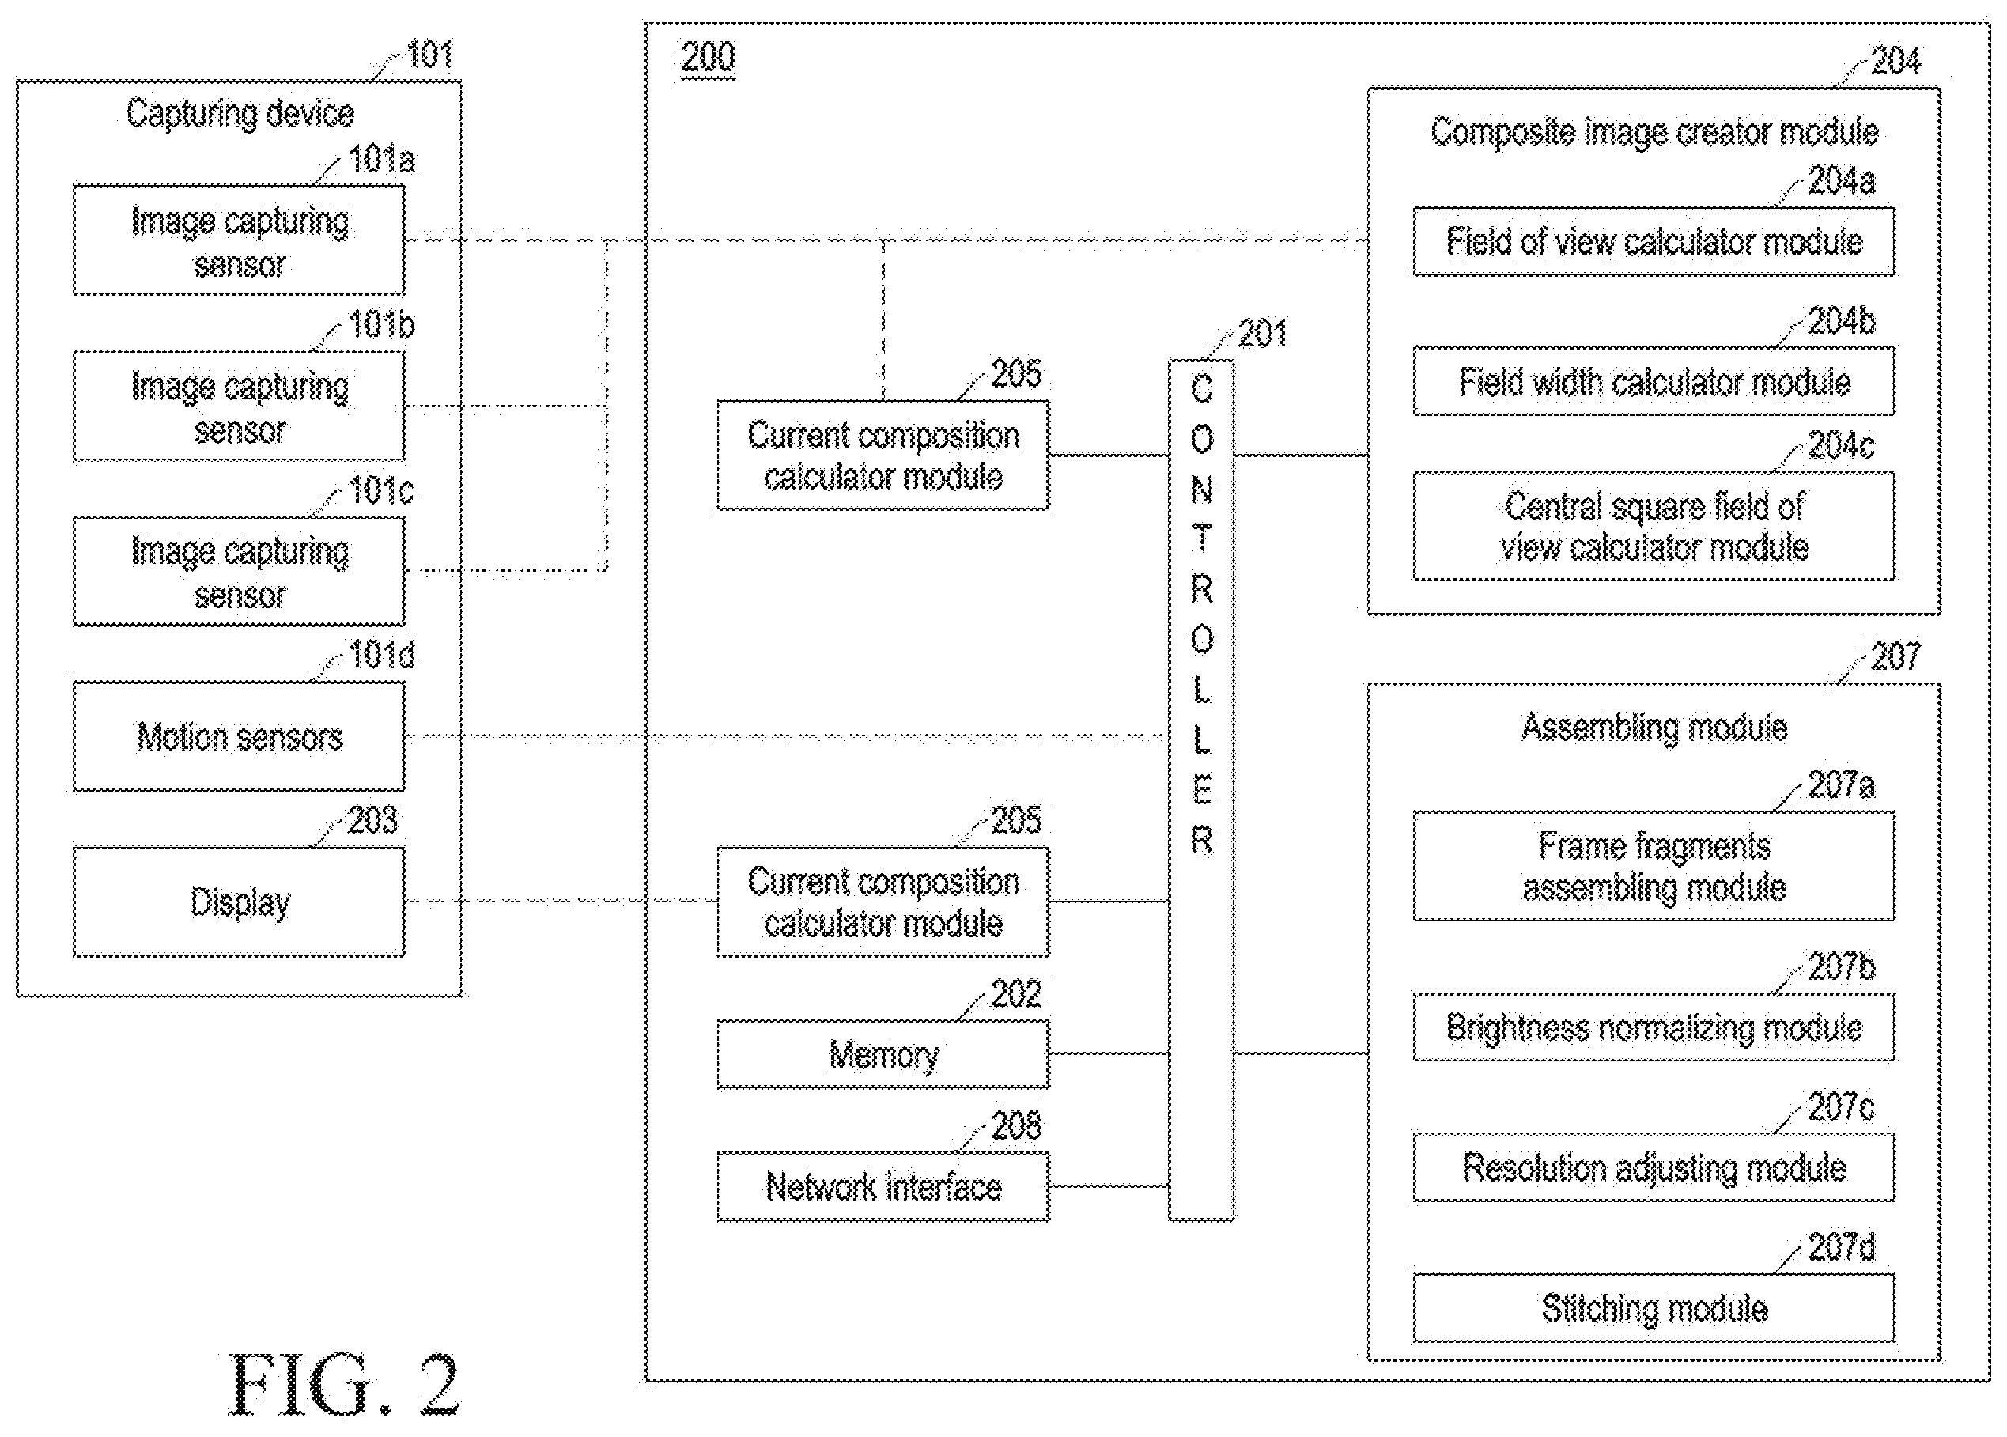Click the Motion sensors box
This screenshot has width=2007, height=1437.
point(239,736)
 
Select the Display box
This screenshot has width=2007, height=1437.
point(239,902)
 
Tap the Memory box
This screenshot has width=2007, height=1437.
point(883,1054)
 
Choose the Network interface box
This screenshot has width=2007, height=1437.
point(883,1186)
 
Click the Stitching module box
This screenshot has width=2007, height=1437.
point(1654,1308)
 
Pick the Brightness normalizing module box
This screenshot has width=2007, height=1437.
point(1654,1027)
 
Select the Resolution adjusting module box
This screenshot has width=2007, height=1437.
point(1654,1167)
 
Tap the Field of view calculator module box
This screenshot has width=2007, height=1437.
point(1654,241)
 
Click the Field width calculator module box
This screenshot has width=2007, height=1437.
point(1654,381)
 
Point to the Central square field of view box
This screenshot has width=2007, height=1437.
point(1654,526)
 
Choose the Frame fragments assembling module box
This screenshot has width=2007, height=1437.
point(1654,866)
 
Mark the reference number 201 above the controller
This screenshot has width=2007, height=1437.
point(1261,334)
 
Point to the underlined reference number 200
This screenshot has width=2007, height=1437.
point(708,59)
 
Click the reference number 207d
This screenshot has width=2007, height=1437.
point(1841,1246)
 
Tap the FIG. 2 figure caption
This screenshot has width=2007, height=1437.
point(345,1385)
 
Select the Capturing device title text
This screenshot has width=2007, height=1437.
point(240,113)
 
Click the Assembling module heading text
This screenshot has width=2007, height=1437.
point(1654,728)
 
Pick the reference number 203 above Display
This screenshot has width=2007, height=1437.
point(372,820)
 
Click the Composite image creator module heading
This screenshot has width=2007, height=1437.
point(1654,132)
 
